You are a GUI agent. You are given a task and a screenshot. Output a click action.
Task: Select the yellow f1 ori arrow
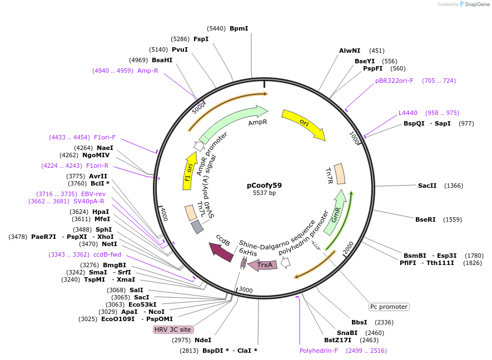click(x=189, y=172)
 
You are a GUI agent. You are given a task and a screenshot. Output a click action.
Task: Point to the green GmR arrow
click(x=337, y=214)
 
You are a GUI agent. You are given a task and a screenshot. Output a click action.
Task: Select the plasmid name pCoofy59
click(x=264, y=186)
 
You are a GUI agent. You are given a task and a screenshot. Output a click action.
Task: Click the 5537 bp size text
click(x=264, y=193)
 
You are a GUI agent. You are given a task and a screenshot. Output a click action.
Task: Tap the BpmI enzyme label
click(x=238, y=28)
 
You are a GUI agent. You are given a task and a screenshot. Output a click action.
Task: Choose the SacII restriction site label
click(x=427, y=186)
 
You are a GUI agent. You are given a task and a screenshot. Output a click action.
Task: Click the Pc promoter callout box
click(x=389, y=307)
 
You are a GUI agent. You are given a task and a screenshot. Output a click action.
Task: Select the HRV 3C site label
click(x=173, y=329)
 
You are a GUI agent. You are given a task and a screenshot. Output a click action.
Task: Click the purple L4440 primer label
click(x=408, y=113)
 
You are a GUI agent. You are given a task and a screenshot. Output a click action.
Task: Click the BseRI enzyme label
click(x=425, y=219)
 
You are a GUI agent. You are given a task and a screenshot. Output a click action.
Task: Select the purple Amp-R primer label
click(x=148, y=71)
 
